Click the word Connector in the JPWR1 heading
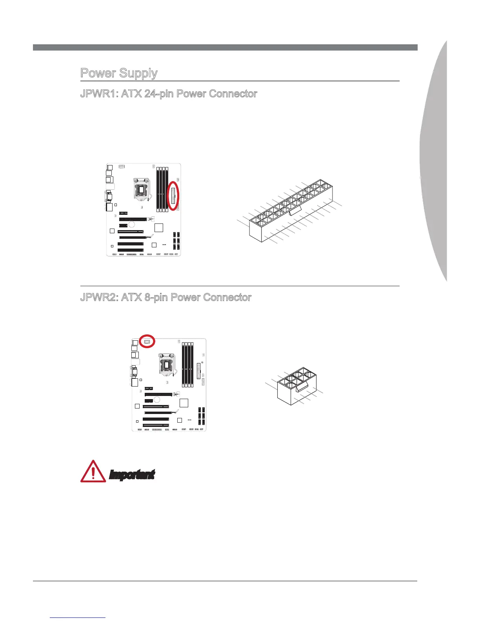click(x=233, y=94)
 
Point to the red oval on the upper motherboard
click(x=173, y=196)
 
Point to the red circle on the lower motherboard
click(x=147, y=341)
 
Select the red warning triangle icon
click(x=93, y=471)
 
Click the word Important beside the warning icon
click(x=132, y=475)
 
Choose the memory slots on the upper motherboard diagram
click(x=162, y=188)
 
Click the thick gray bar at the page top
click(x=225, y=47)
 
